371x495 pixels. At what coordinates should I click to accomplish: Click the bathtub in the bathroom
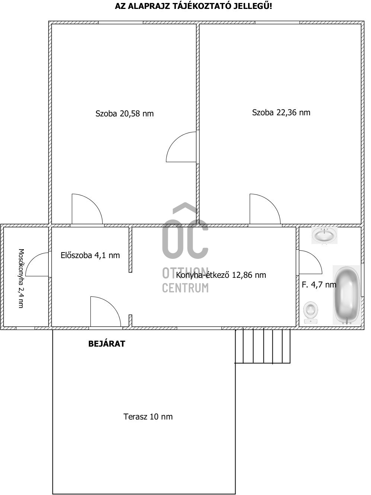[x=347, y=295]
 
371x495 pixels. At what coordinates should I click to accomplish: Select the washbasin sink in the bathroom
[x=324, y=235]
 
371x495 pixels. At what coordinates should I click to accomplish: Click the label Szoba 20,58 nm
[x=124, y=114]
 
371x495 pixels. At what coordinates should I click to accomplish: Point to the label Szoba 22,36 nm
[x=281, y=113]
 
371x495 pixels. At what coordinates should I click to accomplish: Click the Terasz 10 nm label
[x=148, y=417]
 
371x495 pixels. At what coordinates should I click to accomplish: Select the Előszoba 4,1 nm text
[x=90, y=255]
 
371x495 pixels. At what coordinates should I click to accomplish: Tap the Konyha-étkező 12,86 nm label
[x=221, y=275]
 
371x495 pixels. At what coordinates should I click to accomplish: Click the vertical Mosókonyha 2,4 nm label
[x=21, y=278]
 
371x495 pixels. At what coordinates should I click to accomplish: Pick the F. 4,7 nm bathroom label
[x=319, y=285]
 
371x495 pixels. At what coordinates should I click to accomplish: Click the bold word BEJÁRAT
[x=106, y=344]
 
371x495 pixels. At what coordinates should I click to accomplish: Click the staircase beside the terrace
[x=263, y=346]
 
